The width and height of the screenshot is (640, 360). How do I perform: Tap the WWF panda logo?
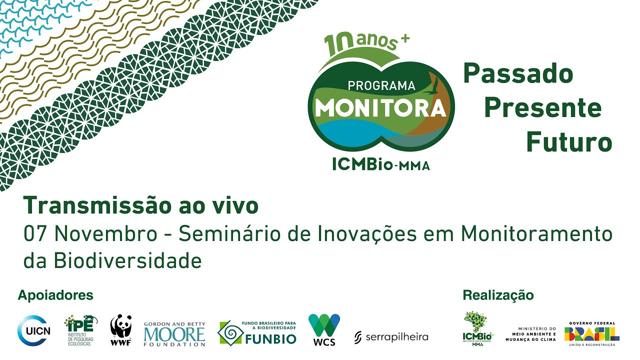[x=121, y=330]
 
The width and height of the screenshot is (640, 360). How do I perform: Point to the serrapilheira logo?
[x=391, y=337]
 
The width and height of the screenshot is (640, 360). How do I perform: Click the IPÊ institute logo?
[x=80, y=330]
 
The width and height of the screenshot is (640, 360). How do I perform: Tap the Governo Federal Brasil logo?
[x=592, y=332]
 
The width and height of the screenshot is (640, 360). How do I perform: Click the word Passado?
[x=518, y=74]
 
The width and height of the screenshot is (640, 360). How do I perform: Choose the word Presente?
[x=542, y=108]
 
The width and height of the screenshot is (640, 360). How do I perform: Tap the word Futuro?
[x=569, y=142]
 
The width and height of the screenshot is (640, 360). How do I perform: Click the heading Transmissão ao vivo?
[x=141, y=205]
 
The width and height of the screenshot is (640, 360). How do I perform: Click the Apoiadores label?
[x=55, y=295]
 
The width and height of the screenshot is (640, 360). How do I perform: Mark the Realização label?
[x=498, y=295]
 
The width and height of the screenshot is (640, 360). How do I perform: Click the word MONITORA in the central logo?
[x=380, y=107]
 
